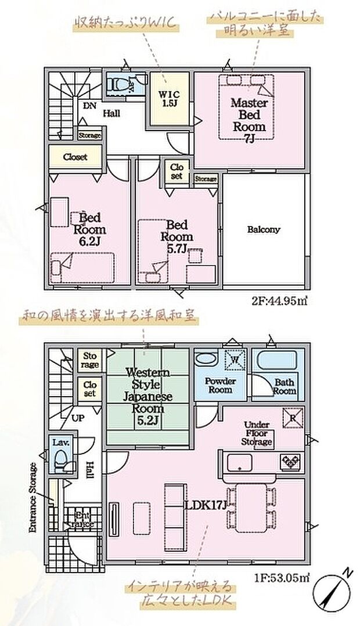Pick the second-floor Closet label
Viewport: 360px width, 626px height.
point(75,157)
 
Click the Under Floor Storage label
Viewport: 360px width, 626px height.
point(258,433)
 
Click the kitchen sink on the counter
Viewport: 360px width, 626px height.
point(239,462)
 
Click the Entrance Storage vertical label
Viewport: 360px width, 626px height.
point(34,498)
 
